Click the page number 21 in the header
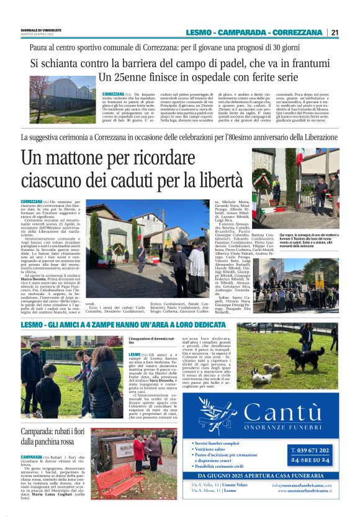(x=335, y=32)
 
